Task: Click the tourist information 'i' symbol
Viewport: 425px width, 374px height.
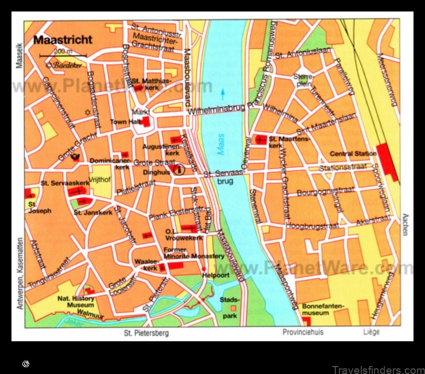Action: click(179, 169)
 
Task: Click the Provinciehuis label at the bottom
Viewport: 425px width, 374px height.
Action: click(303, 333)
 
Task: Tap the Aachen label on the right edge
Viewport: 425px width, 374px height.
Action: click(405, 224)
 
